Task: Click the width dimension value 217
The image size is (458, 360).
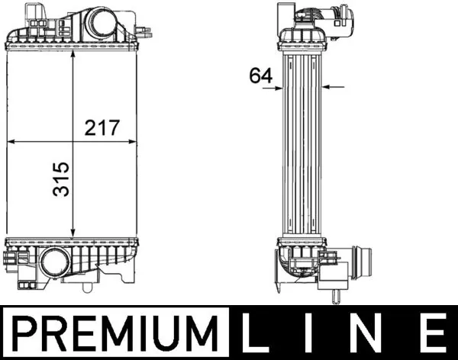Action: (x=102, y=127)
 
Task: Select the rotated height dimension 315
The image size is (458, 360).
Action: (x=60, y=178)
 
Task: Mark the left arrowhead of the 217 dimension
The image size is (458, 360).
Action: (x=11, y=142)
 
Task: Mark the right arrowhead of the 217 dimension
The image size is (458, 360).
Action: (x=136, y=142)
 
